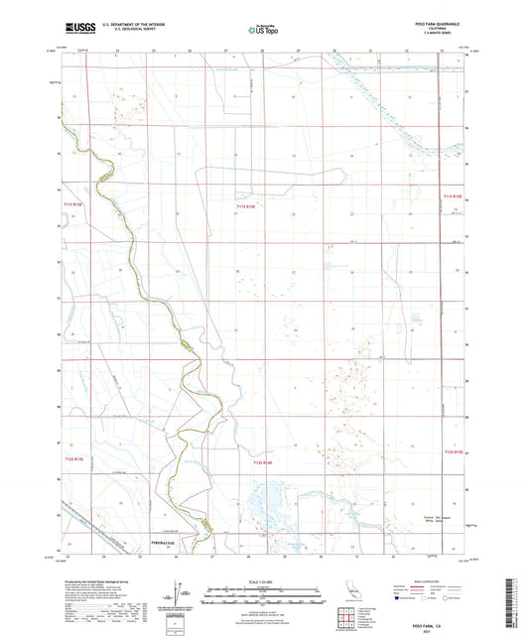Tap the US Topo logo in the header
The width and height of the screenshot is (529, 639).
coord(262,30)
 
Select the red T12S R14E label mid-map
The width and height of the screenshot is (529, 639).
coord(260,462)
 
